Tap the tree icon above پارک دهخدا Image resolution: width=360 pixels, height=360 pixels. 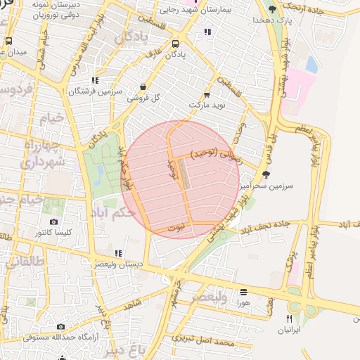tap(272, 8)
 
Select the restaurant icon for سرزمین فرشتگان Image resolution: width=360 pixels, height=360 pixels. tap(94, 80)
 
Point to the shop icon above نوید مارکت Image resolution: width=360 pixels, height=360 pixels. tap(207, 95)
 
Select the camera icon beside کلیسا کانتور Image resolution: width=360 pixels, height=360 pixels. tap(54, 222)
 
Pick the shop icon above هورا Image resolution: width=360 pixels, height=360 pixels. tap(243, 292)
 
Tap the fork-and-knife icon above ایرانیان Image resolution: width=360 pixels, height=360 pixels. tap(289, 318)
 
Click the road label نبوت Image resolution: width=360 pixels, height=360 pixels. tap(176, 229)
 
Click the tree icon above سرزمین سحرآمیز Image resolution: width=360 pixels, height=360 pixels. tap(264, 174)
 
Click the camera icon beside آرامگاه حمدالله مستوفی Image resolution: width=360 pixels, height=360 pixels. tap(60, 326)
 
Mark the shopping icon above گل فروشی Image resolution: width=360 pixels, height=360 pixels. tap(143, 87)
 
